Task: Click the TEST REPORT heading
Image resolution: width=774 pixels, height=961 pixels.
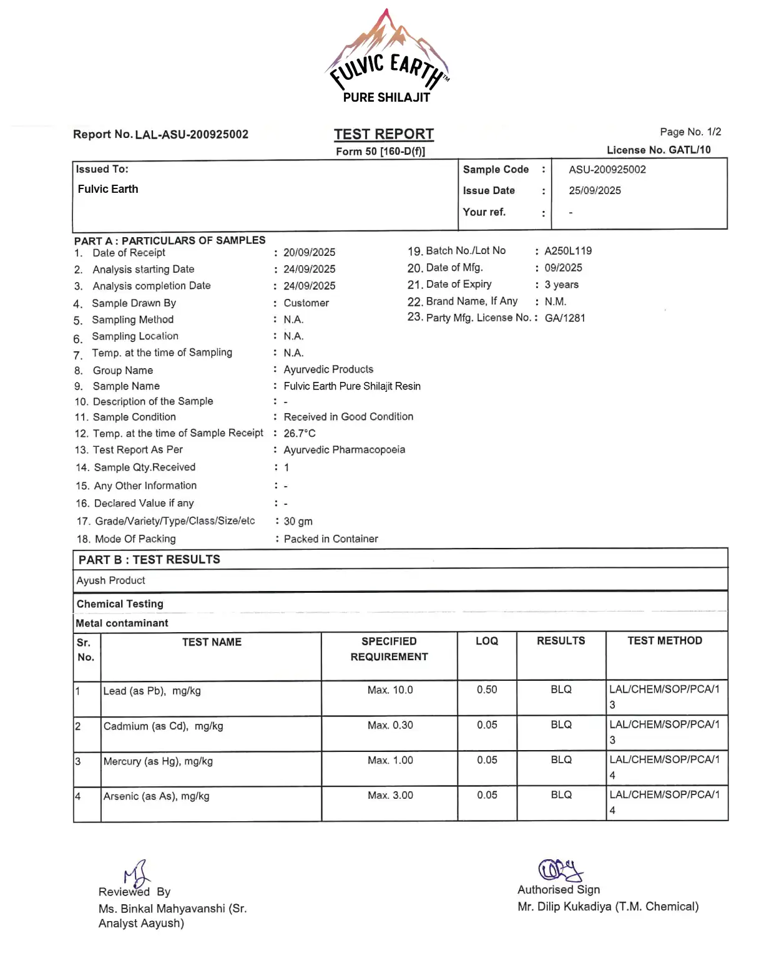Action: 383,134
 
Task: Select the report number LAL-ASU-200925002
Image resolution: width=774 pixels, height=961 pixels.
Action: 192,135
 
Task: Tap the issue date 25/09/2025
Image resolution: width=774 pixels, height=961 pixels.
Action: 594,191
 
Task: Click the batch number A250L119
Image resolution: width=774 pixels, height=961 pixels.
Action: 568,251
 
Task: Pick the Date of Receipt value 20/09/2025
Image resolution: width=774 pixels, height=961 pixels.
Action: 309,252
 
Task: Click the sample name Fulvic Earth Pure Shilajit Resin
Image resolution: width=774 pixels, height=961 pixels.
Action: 352,386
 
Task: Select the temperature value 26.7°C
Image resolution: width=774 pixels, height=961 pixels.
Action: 300,433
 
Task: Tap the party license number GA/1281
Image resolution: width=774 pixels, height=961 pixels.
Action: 565,318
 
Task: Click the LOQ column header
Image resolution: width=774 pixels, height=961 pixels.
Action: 487,641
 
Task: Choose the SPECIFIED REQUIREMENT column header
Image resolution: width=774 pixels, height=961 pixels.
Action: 389,649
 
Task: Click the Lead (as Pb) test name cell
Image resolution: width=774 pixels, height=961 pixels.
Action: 152,691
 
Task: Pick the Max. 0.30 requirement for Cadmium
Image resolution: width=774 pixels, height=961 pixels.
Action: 390,725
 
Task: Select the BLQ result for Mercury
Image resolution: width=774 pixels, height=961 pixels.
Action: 561,760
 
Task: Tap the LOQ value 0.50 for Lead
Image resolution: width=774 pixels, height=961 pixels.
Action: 487,690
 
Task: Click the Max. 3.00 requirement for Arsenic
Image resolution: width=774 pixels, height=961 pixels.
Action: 390,795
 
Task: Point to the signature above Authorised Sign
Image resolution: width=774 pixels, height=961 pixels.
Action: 560,869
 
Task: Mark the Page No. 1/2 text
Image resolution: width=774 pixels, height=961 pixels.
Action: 690,132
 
